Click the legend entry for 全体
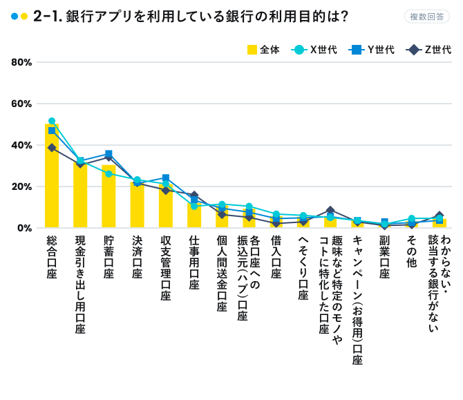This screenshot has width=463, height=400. [263, 49]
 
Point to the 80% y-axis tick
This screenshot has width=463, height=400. [21, 62]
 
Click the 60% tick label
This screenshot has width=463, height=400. [21, 104]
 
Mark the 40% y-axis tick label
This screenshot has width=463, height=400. [21, 145]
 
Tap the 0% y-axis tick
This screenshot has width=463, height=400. [24, 228]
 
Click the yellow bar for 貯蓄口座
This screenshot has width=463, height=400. [108, 197]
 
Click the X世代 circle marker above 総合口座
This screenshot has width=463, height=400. [52, 121]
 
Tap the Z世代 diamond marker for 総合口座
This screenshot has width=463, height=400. [52, 147]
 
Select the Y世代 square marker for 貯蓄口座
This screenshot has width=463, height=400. [108, 154]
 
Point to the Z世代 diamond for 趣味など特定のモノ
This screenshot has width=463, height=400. [330, 210]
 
